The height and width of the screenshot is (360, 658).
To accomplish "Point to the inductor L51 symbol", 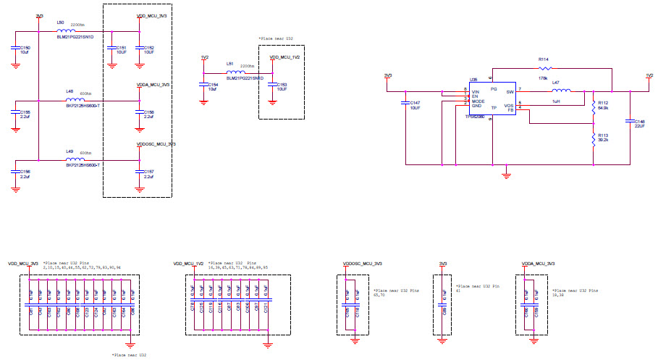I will click(235, 72).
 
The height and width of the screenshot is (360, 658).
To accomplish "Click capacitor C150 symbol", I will click(16, 49).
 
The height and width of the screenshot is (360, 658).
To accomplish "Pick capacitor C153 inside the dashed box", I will click(272, 85).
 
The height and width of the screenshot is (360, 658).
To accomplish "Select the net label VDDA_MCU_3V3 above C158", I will click(153, 85).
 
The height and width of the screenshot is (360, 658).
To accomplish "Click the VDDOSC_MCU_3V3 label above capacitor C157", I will click(156, 144).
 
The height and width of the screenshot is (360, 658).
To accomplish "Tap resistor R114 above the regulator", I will click(543, 67).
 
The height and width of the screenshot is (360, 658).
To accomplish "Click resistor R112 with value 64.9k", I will click(593, 107).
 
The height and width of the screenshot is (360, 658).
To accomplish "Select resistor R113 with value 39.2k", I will click(593, 138).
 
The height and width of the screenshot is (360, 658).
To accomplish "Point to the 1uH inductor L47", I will click(561, 91).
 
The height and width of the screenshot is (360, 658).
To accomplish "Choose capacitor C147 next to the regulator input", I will click(405, 104).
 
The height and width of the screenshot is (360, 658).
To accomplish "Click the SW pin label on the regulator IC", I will click(510, 91).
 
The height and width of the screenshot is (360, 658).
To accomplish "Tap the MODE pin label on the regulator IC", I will click(478, 101).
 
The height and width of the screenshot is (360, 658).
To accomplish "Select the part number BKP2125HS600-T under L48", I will click(83, 106).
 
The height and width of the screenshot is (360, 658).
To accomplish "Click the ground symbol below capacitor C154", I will click(204, 101).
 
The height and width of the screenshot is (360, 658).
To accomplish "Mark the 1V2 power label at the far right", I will click(649, 75).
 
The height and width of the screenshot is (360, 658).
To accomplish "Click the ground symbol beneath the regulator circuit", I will click(507, 174).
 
